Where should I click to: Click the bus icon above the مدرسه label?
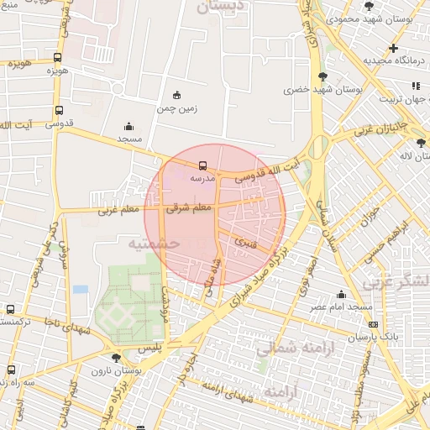(x=202, y=165)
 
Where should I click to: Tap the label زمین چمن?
(x=176, y=108)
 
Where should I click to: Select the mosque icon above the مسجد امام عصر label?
(x=342, y=294)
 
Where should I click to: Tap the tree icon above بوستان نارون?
(x=116, y=357)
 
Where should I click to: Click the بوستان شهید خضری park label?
(x=309, y=88)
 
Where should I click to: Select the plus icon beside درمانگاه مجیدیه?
(x=393, y=48)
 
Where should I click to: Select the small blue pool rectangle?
(x=81, y=289)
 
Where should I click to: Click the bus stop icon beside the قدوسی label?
(x=58, y=110)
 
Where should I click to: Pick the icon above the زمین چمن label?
(x=176, y=95)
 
